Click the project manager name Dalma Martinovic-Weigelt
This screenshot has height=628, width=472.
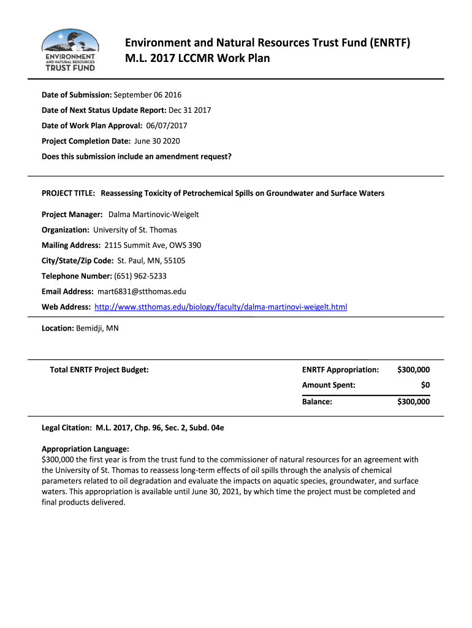pos(153,214)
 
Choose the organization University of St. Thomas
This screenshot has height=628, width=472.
pos(135,229)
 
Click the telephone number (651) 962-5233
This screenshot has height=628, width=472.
pos(140,275)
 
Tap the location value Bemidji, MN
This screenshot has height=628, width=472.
pos(97,328)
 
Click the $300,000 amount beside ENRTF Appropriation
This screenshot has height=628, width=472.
pos(413,370)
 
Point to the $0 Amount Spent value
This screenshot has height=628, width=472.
pos(425,385)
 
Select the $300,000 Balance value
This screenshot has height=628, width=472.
pos(413,402)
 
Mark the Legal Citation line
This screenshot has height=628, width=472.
pos(132,427)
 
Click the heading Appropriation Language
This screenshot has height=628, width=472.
pos(85,449)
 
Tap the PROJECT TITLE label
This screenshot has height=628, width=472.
pos(68,193)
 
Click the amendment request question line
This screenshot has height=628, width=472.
pos(136,156)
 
